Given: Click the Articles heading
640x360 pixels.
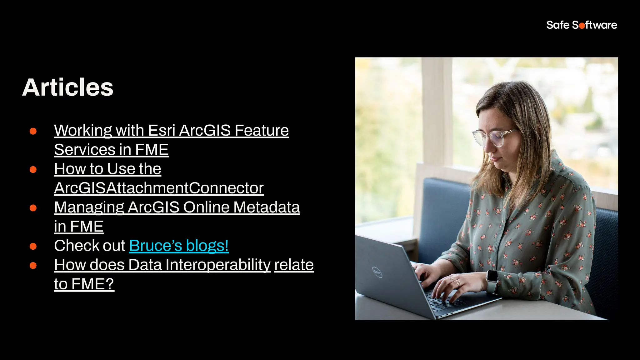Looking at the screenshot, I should click(68, 87).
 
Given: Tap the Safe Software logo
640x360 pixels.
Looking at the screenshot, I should click(582, 25).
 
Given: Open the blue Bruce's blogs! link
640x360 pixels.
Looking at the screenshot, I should click(179, 246).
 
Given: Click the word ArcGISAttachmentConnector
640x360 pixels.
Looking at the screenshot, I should click(159, 188).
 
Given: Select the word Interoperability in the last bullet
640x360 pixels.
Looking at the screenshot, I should click(218, 265).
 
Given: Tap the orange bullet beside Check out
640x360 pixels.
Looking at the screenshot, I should click(33, 247).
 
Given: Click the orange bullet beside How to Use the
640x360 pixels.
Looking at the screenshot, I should click(33, 170).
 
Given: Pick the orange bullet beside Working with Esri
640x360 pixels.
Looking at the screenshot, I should click(33, 131).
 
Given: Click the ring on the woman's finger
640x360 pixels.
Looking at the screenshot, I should click(458, 283).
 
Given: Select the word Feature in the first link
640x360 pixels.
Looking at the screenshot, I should click(262, 131).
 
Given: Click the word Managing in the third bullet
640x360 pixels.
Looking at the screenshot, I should click(89, 207).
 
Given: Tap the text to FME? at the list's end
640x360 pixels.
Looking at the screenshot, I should click(84, 284).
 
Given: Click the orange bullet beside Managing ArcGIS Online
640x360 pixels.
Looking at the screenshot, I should click(33, 208).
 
